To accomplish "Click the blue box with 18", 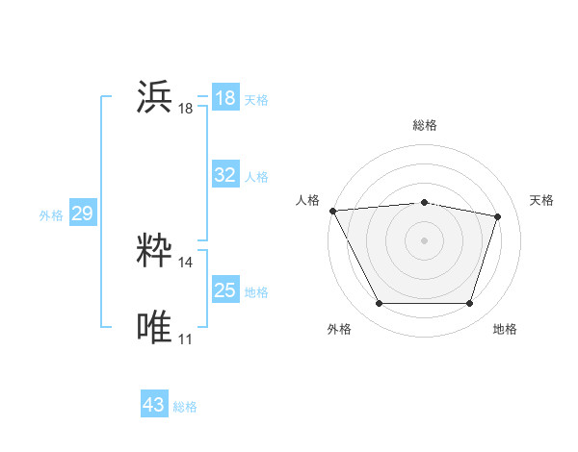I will [224, 98].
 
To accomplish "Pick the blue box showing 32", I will [224, 175].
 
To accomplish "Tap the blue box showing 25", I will [224, 290].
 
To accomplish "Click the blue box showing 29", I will [82, 213].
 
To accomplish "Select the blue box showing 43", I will [154, 405].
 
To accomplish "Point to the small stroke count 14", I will [186, 262].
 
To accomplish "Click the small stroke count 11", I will [186, 339].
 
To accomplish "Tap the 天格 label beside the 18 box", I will [256, 99].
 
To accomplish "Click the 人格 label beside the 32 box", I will [256, 177].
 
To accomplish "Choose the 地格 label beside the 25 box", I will [256, 292].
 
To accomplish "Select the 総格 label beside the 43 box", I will [185, 407].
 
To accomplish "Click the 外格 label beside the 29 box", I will [51, 215].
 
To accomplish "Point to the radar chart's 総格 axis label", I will [425, 125].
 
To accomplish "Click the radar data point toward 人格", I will [332, 211].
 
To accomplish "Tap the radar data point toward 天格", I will [497, 216].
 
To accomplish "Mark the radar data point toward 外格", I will [379, 304].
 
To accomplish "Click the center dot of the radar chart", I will [424, 240].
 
